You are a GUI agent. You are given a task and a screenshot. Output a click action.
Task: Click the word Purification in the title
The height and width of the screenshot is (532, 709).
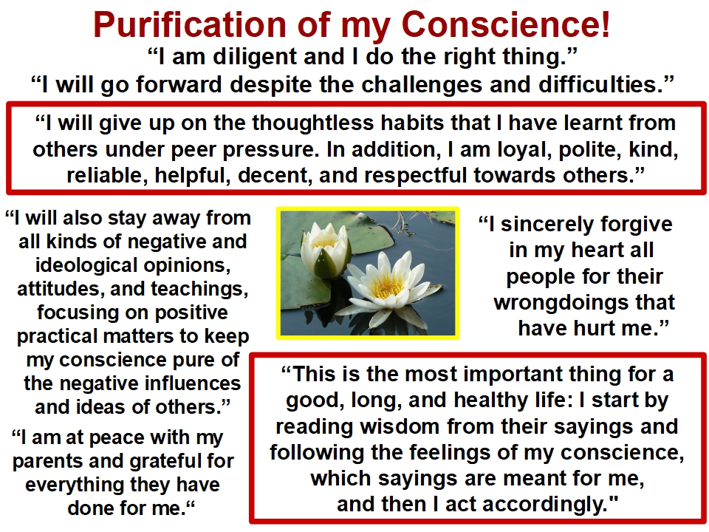pyautogui.click(x=190, y=24)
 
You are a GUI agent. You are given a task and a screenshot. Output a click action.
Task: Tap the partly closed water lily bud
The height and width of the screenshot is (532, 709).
pyautogui.click(x=325, y=249)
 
